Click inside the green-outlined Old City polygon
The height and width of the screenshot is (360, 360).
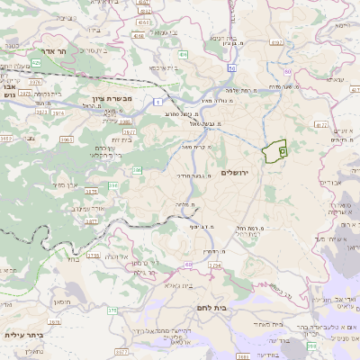point(272,151)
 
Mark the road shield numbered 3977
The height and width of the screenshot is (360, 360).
point(129,130)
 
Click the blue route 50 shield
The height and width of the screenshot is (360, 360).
point(232,67)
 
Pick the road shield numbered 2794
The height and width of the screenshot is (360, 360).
point(214,266)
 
